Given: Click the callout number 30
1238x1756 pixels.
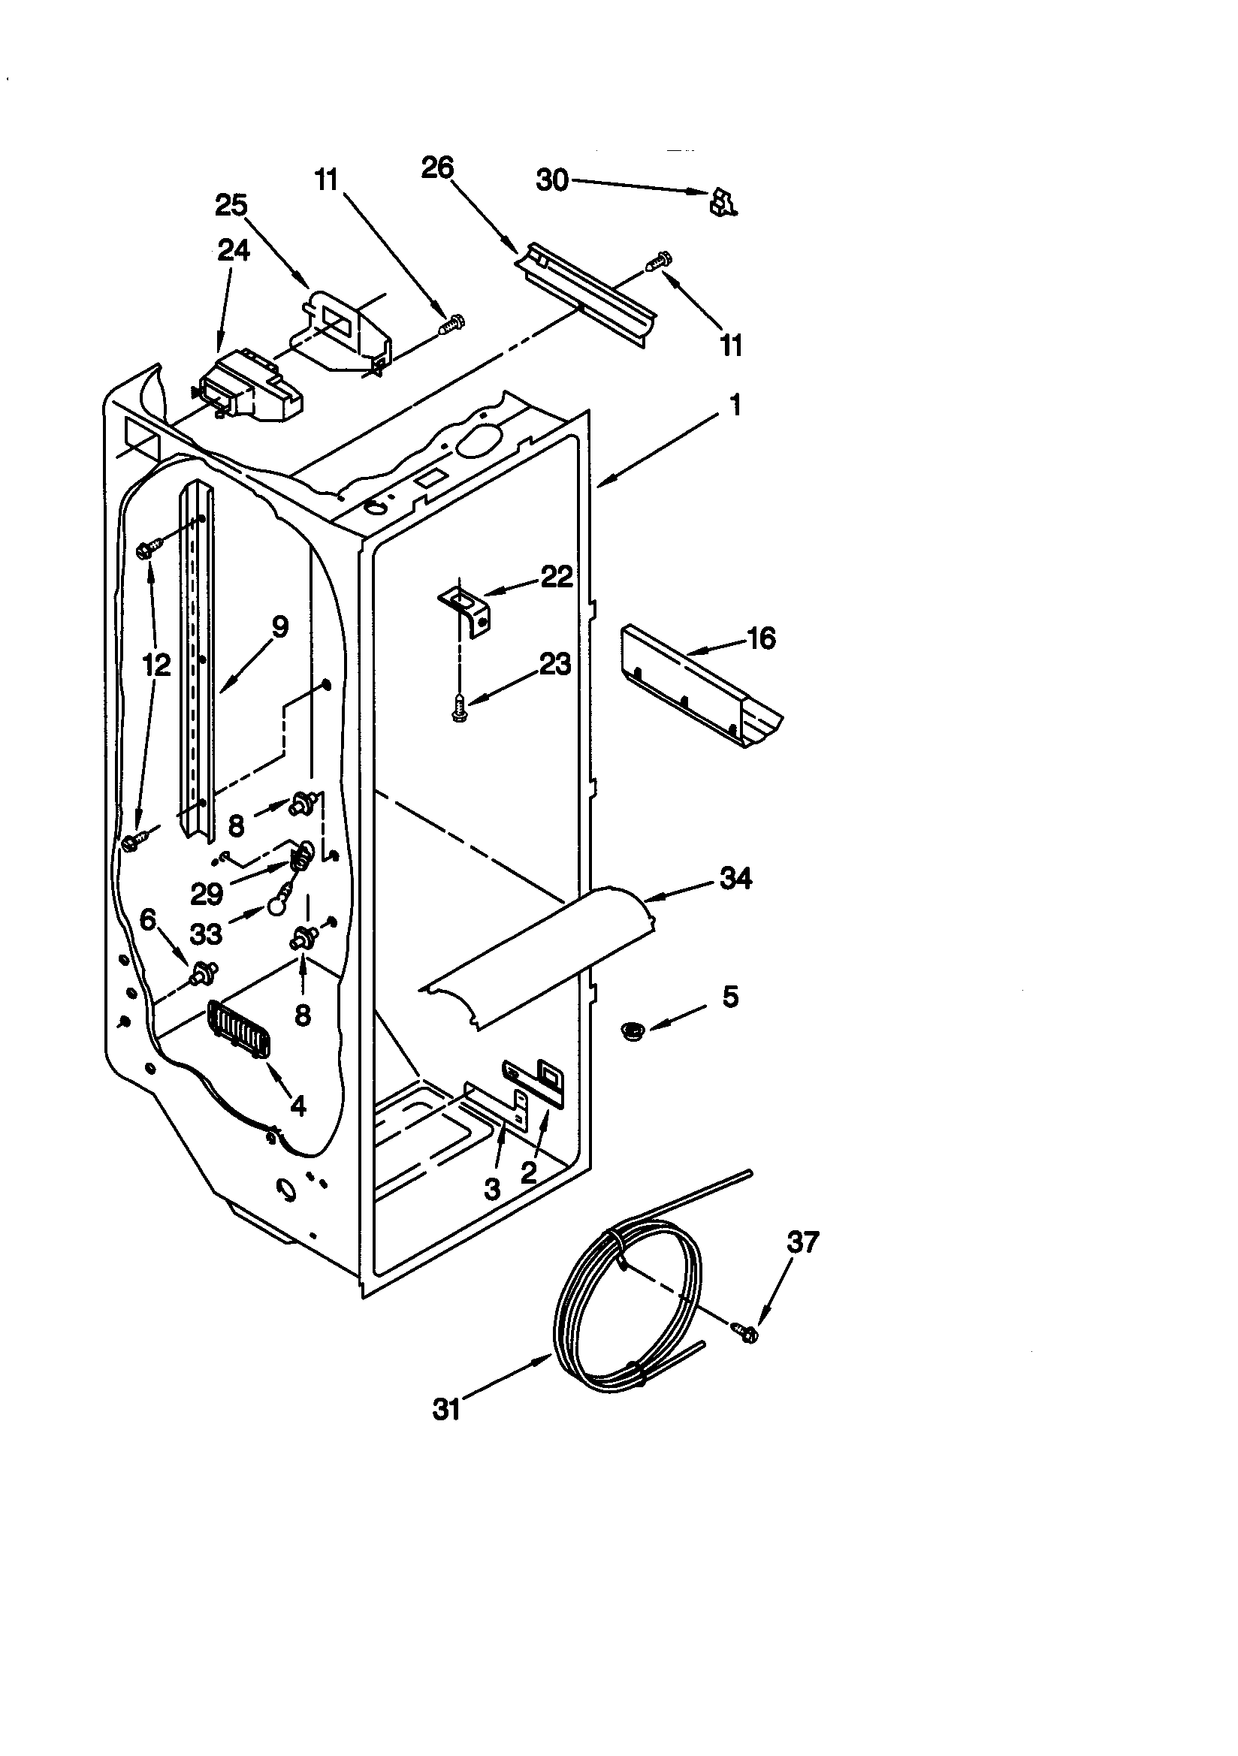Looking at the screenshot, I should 551,180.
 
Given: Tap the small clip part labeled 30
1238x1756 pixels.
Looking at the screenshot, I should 720,203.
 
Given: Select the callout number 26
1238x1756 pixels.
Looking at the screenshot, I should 438,167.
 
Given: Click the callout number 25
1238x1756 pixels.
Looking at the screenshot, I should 231,205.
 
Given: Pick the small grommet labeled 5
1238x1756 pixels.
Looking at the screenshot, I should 632,1032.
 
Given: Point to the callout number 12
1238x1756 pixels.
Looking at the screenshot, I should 156,665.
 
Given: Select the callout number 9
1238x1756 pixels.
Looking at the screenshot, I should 279,628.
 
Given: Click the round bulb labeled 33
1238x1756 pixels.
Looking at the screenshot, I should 276,907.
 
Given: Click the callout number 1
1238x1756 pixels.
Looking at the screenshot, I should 735,405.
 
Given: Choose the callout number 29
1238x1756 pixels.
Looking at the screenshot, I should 207,893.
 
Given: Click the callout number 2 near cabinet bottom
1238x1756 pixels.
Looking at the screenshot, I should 528,1172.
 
